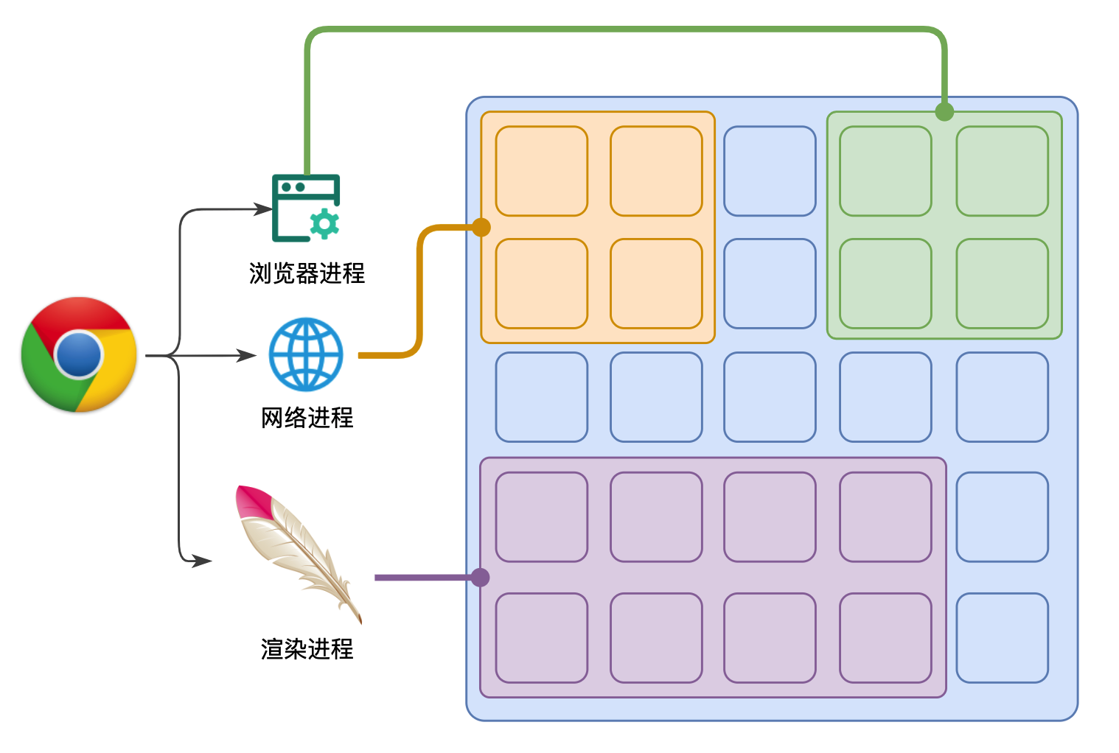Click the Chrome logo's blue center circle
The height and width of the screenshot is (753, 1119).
click(x=78, y=354)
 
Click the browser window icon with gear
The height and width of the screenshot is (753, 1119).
click(x=305, y=208)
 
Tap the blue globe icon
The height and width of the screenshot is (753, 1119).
click(x=306, y=354)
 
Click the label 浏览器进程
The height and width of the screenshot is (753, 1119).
click(x=307, y=273)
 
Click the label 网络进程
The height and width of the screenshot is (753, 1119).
click(x=307, y=418)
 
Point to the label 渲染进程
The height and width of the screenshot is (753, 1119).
click(x=307, y=649)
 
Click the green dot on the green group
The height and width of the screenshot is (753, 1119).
click(x=944, y=112)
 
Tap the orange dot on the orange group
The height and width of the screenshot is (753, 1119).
click(x=481, y=227)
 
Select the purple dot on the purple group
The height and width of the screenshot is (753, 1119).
click(x=481, y=577)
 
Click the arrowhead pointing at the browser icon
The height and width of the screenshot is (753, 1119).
click(x=264, y=209)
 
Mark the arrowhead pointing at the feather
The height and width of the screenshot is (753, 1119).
click(x=203, y=561)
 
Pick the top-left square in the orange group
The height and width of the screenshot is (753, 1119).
click(x=541, y=171)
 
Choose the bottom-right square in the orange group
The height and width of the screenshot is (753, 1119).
click(x=656, y=284)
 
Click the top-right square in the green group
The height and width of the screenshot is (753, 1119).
click(x=1002, y=171)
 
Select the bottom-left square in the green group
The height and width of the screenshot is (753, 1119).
click(x=885, y=284)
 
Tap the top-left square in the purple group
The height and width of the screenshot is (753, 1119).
click(x=541, y=517)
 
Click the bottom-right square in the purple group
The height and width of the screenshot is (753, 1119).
click(x=885, y=638)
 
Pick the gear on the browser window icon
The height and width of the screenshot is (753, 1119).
click(x=324, y=223)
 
